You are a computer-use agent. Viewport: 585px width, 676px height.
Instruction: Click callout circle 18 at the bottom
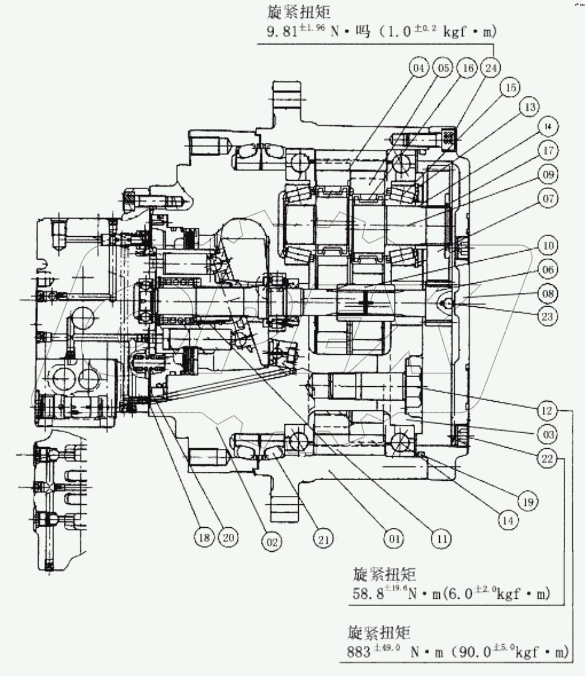click(204, 537)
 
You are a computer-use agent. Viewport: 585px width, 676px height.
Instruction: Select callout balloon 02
click(271, 541)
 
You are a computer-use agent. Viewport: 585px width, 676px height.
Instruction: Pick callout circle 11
click(442, 539)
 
